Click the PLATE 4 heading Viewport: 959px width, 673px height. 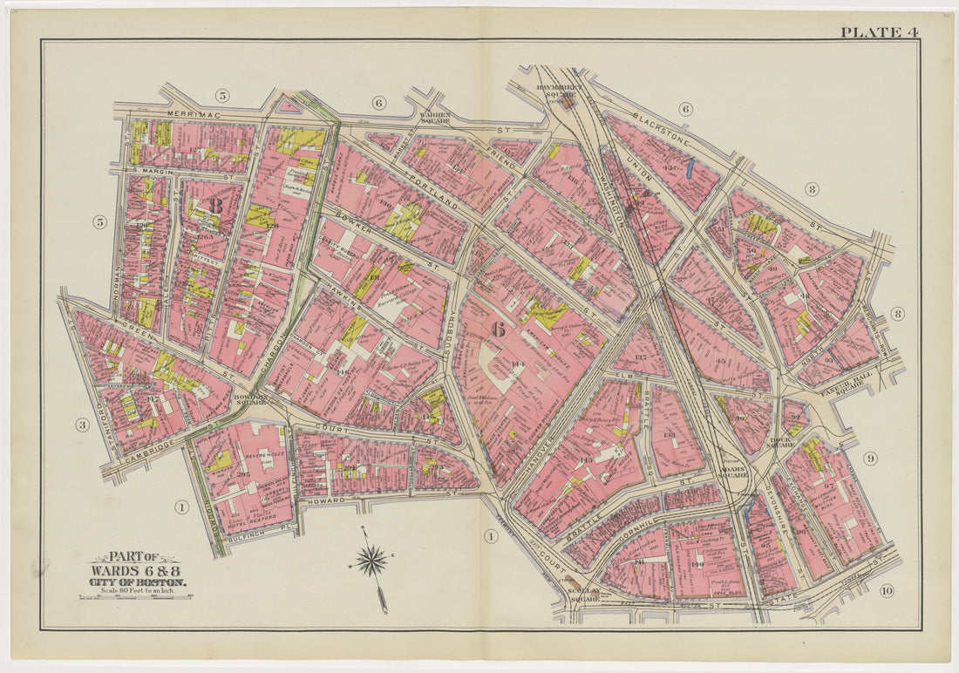click(879, 32)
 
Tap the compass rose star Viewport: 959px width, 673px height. click(372, 560)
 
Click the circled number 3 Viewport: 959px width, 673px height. click(82, 425)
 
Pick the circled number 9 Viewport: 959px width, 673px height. click(870, 459)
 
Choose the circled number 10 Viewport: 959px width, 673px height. click(887, 592)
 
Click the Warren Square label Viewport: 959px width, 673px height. click(434, 116)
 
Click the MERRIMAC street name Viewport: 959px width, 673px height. click(163, 114)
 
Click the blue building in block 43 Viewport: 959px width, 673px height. click(692, 165)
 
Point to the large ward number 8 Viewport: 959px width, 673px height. click(215, 206)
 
